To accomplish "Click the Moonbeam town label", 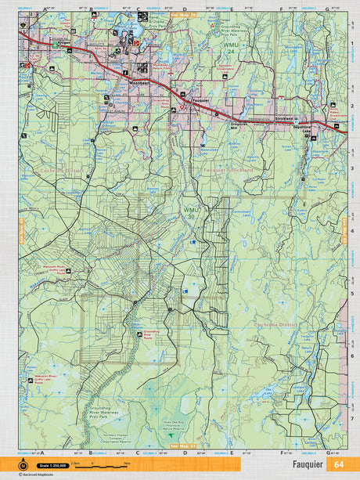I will [139, 81].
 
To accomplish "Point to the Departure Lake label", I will [301, 128].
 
